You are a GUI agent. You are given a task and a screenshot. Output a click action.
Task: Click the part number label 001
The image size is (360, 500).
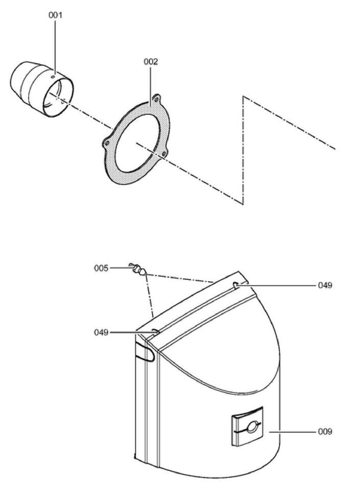tap(56, 15)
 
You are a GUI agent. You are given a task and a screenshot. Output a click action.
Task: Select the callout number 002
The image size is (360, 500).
tap(151, 62)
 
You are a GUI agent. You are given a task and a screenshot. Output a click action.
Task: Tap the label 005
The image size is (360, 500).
tap(101, 268)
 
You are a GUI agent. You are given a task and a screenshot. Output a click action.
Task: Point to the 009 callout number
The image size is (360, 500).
tap(325, 432)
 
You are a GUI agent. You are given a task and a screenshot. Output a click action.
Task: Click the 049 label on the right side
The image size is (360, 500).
tap(325, 285)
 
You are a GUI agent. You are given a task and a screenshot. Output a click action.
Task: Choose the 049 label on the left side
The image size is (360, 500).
tap(101, 332)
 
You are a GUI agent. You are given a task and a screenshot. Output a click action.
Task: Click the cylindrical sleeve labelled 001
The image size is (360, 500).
tap(42, 89)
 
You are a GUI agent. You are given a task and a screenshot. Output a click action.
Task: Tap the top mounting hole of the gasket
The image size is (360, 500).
tap(156, 100)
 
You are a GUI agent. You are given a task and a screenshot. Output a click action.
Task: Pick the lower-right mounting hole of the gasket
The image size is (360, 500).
tap(164, 154)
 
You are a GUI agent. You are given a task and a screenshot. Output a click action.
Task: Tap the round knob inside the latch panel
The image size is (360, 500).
tap(252, 427)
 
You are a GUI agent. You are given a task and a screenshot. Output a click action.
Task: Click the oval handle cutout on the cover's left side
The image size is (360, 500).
tap(145, 352)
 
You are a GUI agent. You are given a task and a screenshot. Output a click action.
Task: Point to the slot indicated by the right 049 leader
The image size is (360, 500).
tap(236, 285)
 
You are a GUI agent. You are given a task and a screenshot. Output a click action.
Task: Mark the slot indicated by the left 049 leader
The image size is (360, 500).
tap(155, 331)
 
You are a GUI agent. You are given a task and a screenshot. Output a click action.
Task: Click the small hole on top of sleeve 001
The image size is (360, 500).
tap(54, 76)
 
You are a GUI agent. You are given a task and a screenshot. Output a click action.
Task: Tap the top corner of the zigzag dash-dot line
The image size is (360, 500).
tap(244, 96)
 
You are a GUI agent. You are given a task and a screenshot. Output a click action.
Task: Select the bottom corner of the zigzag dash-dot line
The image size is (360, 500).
tap(243, 203)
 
